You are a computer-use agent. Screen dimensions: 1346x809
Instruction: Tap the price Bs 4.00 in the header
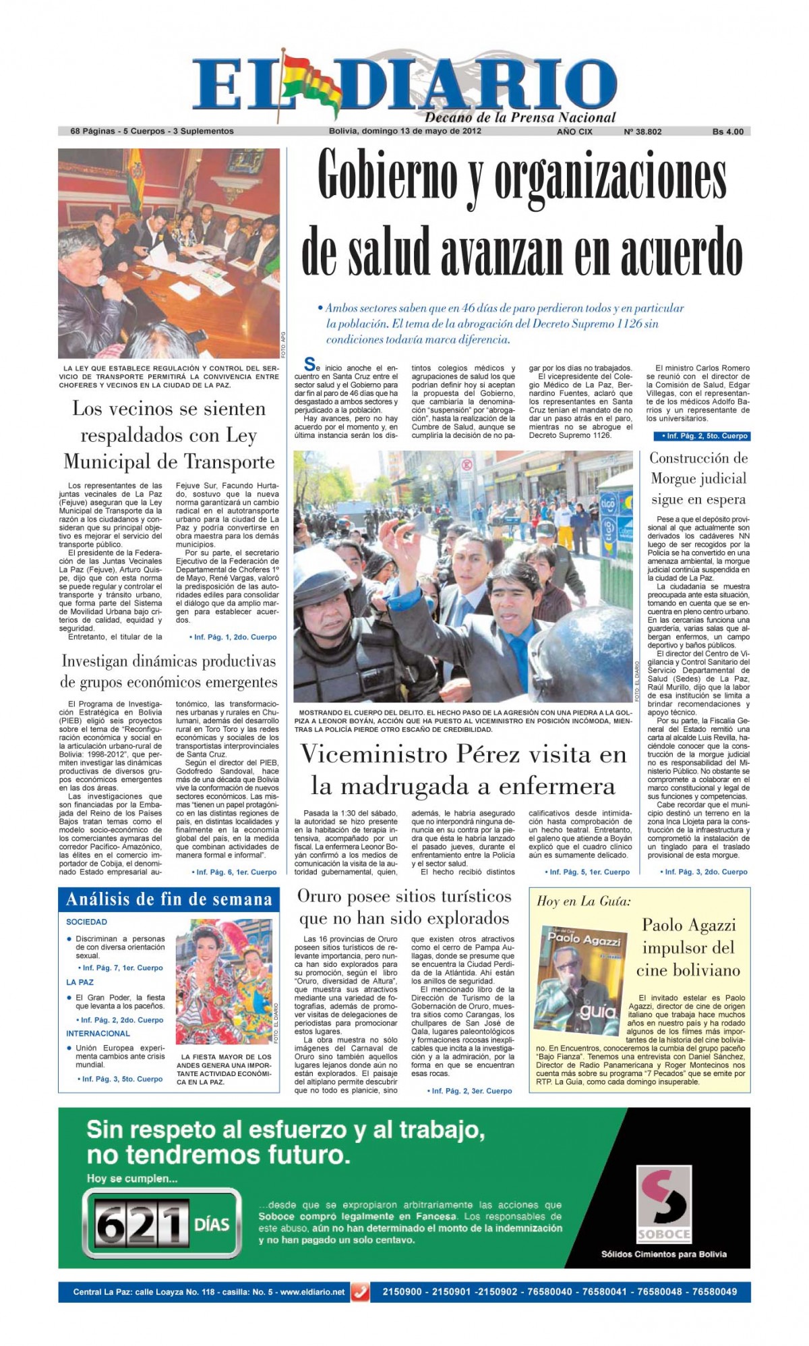[x=728, y=132]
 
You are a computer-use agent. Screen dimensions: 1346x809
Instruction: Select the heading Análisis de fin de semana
[x=169, y=899]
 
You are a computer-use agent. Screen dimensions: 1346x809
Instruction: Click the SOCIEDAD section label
[x=86, y=922]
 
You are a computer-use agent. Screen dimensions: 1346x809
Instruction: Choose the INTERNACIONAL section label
[x=98, y=1033]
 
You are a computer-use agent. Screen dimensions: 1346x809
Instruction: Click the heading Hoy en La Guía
[x=584, y=901]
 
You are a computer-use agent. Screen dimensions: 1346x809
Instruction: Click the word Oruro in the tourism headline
[x=322, y=897]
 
